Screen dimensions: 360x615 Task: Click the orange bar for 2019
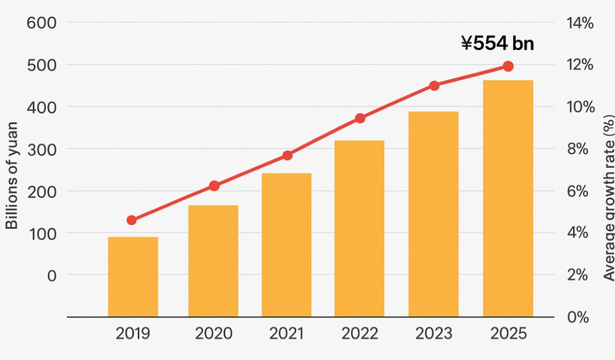coord(133,276)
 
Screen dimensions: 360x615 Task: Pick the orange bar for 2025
coord(508,198)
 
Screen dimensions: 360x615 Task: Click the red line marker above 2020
coord(214,186)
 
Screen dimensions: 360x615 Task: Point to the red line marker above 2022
coord(360,118)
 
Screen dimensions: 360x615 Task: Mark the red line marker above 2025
coord(508,66)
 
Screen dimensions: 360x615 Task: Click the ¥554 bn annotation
coord(497,43)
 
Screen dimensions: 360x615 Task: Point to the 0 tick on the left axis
coord(51,275)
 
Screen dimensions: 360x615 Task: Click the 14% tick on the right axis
coord(580,23)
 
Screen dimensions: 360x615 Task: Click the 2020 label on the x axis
coord(213,334)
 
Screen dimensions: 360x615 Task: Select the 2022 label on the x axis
coord(360,334)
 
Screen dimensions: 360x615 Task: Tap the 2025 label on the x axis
coord(508,334)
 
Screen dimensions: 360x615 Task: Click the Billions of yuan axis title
coord(12,175)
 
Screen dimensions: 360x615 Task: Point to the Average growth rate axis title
coord(609,197)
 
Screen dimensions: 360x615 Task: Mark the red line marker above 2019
coord(132,220)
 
